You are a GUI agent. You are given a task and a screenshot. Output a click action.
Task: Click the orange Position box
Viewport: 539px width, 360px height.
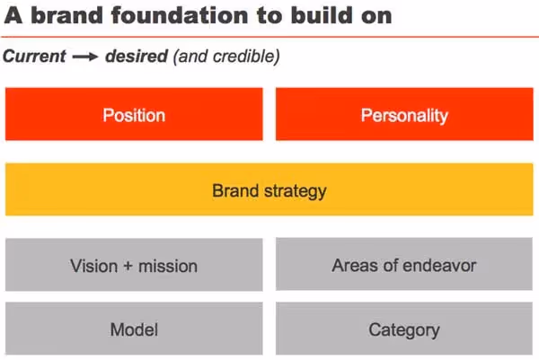[x=134, y=115]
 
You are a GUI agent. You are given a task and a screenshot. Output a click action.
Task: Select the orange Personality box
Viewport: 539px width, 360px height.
[x=404, y=115]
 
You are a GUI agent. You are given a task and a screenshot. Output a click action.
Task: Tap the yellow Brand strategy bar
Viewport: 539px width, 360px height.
[x=269, y=190]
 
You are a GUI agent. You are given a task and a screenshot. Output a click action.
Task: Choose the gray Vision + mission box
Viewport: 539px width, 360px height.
[x=134, y=265]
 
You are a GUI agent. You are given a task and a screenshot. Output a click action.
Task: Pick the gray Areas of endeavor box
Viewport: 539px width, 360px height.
[x=404, y=265]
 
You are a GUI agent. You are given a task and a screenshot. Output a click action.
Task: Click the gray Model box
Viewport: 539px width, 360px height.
[x=134, y=329]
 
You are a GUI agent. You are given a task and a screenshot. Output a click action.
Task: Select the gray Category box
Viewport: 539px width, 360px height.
[x=404, y=329]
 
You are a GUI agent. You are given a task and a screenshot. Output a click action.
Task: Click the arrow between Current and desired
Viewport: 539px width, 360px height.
[x=84, y=57]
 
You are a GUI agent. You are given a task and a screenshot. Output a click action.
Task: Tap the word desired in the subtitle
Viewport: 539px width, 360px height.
[x=134, y=56]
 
